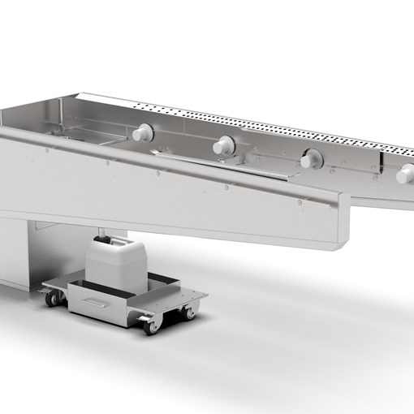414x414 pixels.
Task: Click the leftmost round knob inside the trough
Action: coord(144,132)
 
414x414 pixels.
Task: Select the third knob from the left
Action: coord(309,160)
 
